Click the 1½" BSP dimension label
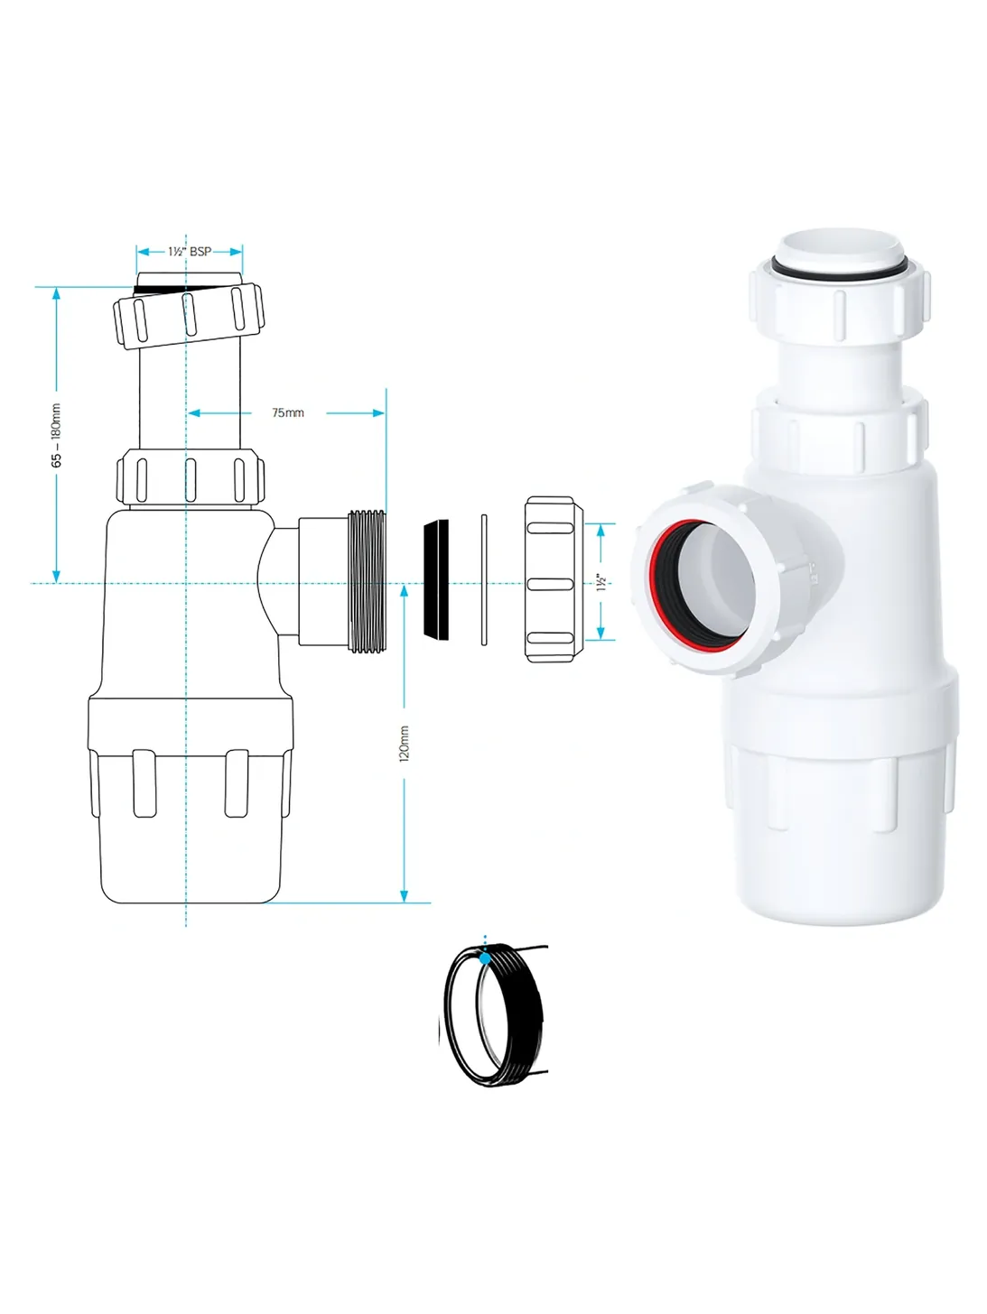[x=190, y=252]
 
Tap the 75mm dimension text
[x=288, y=412]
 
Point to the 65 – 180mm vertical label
[x=56, y=435]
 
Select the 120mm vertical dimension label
[x=405, y=744]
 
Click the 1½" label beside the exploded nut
[x=602, y=582]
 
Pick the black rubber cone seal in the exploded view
[x=436, y=579]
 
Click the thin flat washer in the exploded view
[x=484, y=580]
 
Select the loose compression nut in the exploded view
[x=554, y=578]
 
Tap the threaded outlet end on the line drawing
[x=367, y=580]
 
